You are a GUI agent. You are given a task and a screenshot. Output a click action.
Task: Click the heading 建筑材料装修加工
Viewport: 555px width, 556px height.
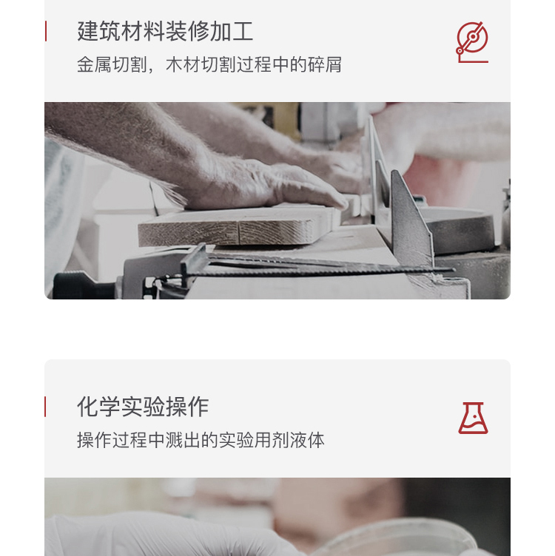(165, 32)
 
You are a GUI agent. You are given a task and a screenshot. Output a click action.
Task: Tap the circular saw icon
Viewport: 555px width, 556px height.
(472, 41)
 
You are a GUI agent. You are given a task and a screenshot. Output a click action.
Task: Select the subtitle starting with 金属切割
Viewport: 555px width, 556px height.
(209, 65)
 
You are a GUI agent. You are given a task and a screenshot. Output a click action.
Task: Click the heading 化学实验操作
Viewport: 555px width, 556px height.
(143, 407)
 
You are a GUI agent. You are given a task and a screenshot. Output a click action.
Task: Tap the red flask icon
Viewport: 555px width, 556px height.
(473, 418)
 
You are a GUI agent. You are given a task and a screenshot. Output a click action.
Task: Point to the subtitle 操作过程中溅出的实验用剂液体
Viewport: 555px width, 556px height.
(201, 441)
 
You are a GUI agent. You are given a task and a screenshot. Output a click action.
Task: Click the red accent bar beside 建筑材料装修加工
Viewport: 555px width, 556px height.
(46, 32)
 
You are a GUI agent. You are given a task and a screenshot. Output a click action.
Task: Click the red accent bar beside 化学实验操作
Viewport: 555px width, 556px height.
(46, 407)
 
